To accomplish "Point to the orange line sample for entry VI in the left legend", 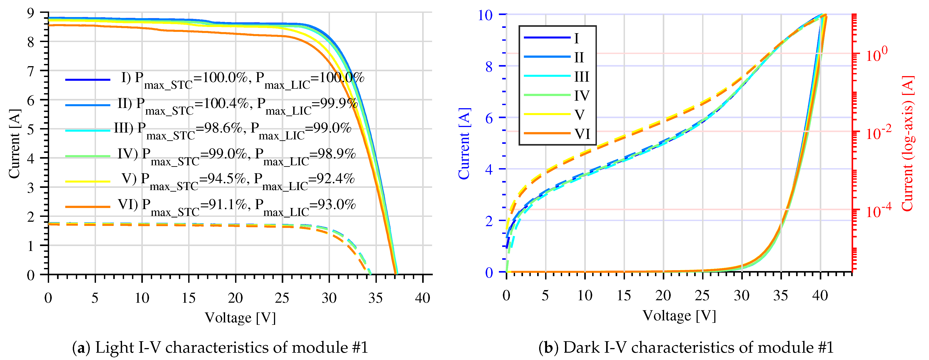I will point(88,207).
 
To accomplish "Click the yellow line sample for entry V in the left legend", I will point(88,181).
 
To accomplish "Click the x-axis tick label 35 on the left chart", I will point(375,298).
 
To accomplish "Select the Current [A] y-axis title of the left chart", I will point(14,144).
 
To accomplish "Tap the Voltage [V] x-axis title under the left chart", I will point(240,318).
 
